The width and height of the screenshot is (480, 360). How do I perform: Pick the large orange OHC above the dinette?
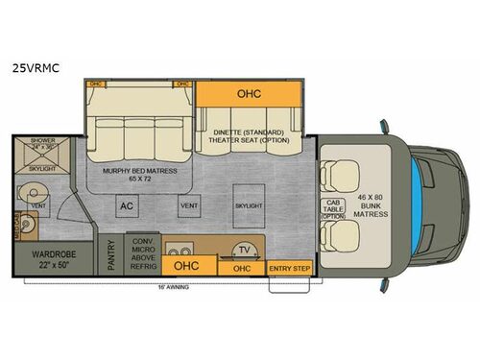click(249, 94)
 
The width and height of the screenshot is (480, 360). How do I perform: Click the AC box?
click(126, 204)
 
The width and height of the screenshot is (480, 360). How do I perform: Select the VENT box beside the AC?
click(189, 204)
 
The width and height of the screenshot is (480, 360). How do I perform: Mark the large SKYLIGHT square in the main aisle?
click(248, 204)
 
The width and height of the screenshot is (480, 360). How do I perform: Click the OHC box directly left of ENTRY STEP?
click(241, 268)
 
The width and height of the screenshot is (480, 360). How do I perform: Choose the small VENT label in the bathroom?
click(38, 204)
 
